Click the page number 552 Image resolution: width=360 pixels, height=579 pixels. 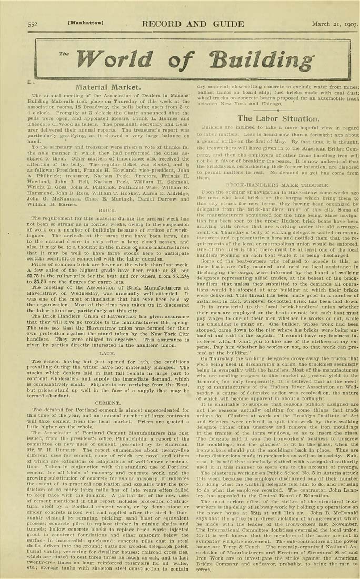32,24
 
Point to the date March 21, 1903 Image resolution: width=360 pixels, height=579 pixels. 335,24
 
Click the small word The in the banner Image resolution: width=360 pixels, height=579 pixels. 64,54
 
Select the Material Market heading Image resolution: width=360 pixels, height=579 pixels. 108,87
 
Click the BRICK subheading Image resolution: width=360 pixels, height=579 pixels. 107,209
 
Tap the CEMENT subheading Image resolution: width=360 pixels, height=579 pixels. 107,403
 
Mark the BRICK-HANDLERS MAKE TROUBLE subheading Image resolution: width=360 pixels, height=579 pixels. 270,186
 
